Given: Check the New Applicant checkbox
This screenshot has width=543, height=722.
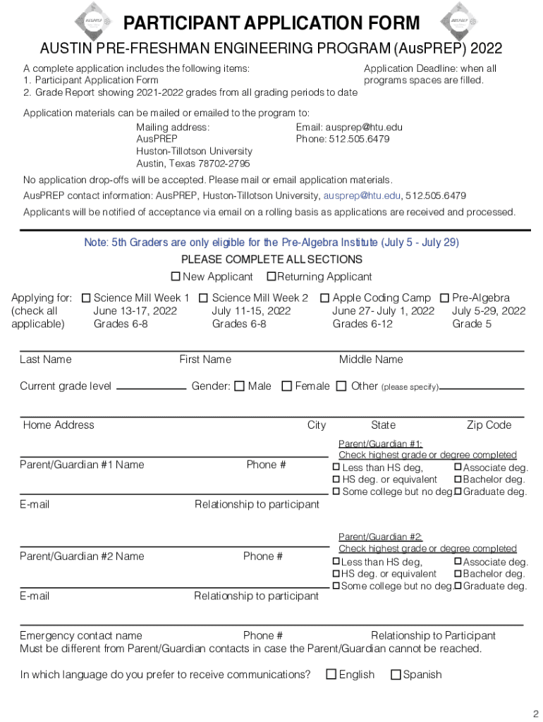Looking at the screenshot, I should click(176, 276).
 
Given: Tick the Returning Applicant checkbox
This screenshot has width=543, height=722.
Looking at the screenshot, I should click(271, 276).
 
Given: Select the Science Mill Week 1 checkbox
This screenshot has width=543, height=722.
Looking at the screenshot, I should click(87, 298).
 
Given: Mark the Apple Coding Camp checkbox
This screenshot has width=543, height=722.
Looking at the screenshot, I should click(325, 298).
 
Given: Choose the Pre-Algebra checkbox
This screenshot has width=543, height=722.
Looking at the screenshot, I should click(445, 298).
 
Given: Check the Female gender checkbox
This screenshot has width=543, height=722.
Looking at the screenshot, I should click(286, 386).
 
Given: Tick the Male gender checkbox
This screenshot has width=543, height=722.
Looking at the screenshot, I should click(239, 386).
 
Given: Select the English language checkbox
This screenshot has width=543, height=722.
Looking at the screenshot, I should click(331, 675).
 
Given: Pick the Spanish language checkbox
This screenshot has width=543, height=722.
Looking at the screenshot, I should click(396, 675).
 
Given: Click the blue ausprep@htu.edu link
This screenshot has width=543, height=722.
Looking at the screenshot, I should click(362, 195).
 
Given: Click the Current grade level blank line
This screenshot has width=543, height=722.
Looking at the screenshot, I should click(151, 387).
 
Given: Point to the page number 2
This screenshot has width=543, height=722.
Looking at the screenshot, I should click(535, 712).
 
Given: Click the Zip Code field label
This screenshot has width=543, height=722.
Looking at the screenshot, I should click(489, 425).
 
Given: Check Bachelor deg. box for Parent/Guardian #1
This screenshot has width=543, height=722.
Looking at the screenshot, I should click(458, 479).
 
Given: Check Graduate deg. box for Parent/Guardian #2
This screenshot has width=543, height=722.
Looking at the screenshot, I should click(458, 586).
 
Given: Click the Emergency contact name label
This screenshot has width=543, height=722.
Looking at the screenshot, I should click(81, 636).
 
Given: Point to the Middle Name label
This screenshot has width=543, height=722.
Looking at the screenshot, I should click(371, 360).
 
